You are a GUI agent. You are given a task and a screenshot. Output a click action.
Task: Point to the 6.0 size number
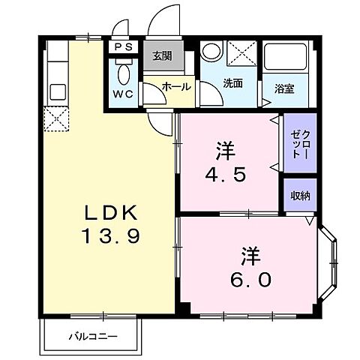point(250,279)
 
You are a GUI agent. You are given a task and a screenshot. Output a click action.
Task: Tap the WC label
point(124,94)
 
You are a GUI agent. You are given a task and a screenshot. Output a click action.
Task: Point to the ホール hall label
point(175,87)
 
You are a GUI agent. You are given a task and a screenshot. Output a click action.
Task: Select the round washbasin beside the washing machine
point(211,52)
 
